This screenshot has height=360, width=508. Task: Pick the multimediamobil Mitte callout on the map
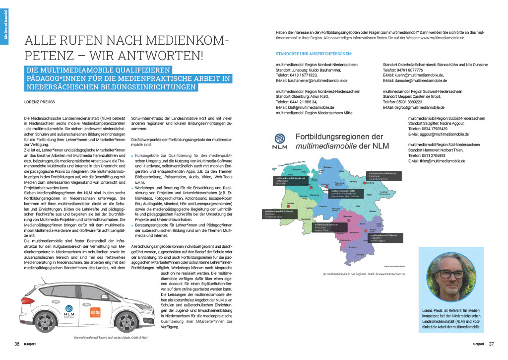tap(344, 193)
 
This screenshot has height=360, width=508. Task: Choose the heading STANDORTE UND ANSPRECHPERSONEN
tap(314, 53)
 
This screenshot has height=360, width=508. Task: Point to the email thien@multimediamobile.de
tap(437, 161)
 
